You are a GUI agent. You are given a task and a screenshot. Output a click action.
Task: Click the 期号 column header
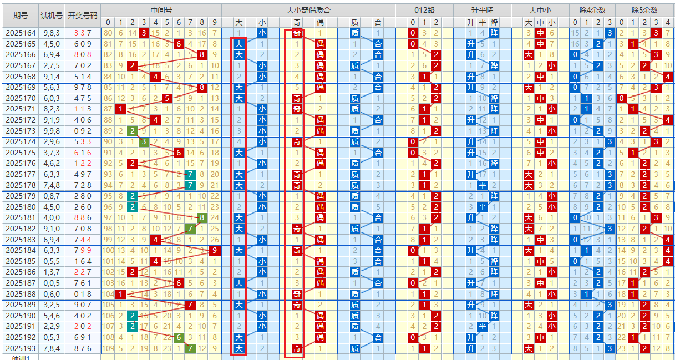tap(21, 16)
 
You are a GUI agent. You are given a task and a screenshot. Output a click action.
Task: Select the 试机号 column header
tap(52, 16)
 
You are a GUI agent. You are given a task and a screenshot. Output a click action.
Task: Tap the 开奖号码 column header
tap(83, 16)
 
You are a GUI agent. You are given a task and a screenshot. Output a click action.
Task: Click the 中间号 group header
tap(161, 10)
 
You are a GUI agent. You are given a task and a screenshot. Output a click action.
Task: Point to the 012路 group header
tap(424, 10)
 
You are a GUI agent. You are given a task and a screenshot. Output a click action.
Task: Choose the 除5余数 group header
tap(644, 10)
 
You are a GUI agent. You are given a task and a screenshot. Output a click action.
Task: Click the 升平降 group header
tap(483, 10)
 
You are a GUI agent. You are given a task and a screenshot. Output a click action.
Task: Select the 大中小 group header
tap(540, 10)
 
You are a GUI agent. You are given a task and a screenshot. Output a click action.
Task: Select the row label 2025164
tap(21, 33)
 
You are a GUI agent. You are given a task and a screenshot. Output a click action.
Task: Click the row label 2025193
tap(21, 348)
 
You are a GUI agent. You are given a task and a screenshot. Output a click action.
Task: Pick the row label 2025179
tap(21, 196)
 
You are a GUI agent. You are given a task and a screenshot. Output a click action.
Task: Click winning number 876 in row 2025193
tap(83, 348)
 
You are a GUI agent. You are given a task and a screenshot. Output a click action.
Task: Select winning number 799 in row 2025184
tap(83, 251)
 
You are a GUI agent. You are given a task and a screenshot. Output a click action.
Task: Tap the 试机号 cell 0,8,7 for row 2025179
tap(52, 196)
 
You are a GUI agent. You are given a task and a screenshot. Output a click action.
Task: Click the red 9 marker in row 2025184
tap(215, 251)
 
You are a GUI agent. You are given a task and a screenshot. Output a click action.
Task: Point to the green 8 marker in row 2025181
tap(202, 218)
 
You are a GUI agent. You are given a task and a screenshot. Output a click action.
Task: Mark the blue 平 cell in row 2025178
tap(483, 185)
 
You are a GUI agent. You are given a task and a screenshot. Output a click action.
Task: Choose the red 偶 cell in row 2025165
tap(320, 44)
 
